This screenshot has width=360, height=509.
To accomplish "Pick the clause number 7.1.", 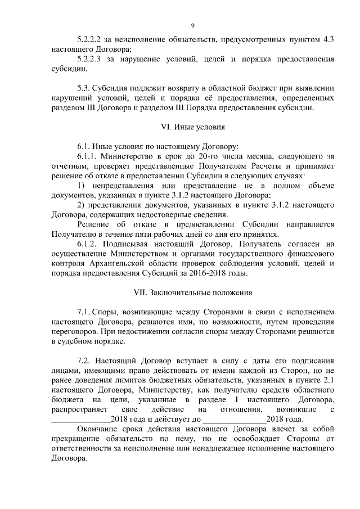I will [x=83, y=312].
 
